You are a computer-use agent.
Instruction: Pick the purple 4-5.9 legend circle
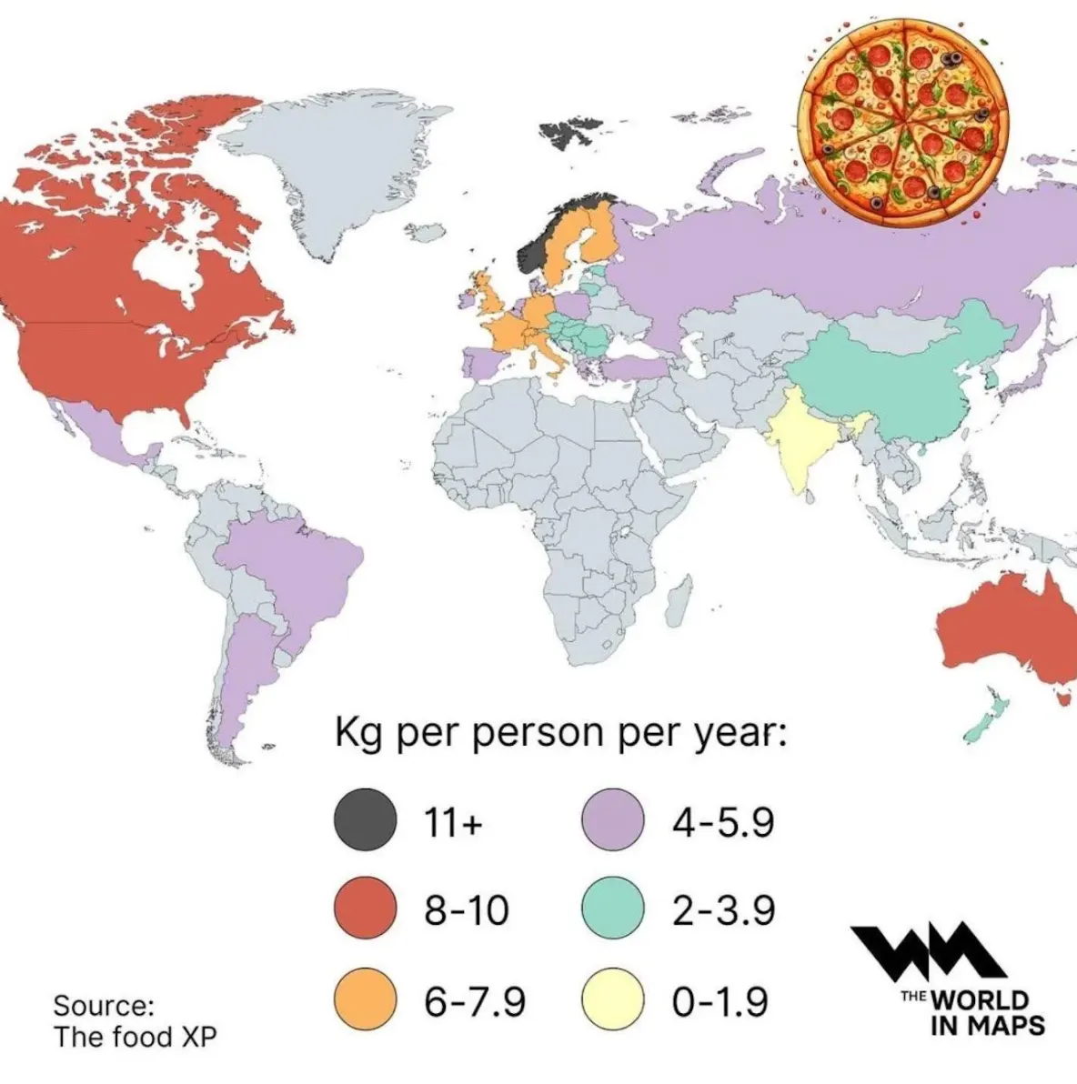pos(613,820)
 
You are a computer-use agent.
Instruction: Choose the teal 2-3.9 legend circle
pos(613,909)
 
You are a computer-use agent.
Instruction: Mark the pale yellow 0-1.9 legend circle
pos(613,999)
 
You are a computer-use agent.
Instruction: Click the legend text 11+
pos(453,822)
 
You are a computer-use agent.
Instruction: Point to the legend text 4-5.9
pos(724,822)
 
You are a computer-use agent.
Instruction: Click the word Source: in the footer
pos(104,1006)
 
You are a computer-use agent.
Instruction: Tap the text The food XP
pos(135,1037)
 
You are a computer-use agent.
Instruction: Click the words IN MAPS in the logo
pos(987,1025)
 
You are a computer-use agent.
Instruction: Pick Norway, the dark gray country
pos(538,241)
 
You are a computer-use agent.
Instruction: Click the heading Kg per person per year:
pos(560,733)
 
